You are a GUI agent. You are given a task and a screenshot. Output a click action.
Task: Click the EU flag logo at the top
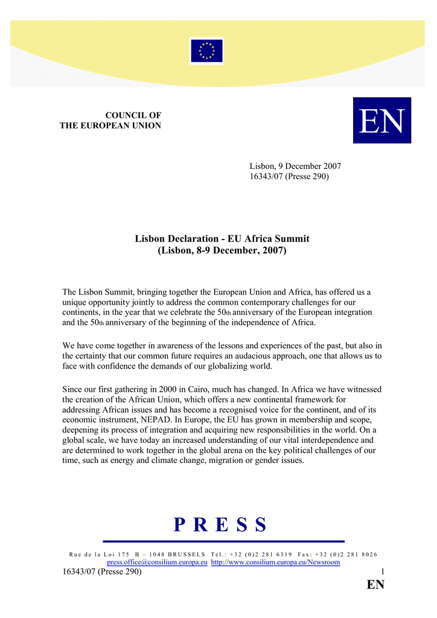point(206,51)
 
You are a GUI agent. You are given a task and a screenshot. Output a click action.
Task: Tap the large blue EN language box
point(381,121)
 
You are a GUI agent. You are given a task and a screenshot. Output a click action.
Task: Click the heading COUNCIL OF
point(133,115)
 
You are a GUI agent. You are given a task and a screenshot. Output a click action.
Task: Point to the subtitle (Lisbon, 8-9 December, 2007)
point(222,250)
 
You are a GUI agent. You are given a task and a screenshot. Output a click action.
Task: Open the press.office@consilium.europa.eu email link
point(158,562)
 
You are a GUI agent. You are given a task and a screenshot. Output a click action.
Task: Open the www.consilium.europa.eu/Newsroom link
point(275,562)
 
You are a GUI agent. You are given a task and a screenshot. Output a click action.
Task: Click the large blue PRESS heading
point(221,525)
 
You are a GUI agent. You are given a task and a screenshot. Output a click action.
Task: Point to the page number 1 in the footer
point(382,572)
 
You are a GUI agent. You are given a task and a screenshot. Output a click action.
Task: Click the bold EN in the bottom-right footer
point(375,585)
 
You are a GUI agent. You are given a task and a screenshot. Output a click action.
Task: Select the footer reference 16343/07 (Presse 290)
point(102,572)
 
